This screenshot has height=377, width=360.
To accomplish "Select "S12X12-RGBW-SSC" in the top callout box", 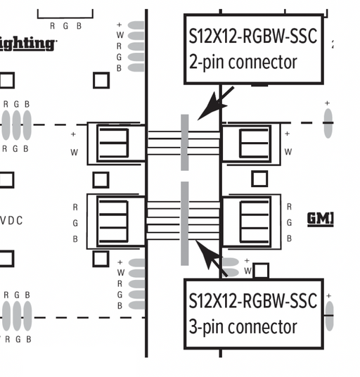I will [x=252, y=37].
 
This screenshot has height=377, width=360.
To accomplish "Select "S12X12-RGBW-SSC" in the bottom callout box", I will [x=252, y=301].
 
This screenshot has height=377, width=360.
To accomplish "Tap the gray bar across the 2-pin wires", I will [x=185, y=142].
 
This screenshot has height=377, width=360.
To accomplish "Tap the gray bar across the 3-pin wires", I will [x=185, y=223].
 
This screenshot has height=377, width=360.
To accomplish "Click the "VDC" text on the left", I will [x=11, y=221].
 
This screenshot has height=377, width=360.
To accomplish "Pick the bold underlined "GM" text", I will [x=320, y=219].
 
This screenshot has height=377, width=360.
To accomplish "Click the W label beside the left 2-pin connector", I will [x=74, y=152].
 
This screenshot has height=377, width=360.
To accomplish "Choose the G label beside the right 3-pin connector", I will [x=289, y=223].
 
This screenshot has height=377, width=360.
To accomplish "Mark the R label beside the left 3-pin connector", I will [x=75, y=207].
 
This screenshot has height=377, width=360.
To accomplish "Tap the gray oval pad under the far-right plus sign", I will [x=328, y=123].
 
